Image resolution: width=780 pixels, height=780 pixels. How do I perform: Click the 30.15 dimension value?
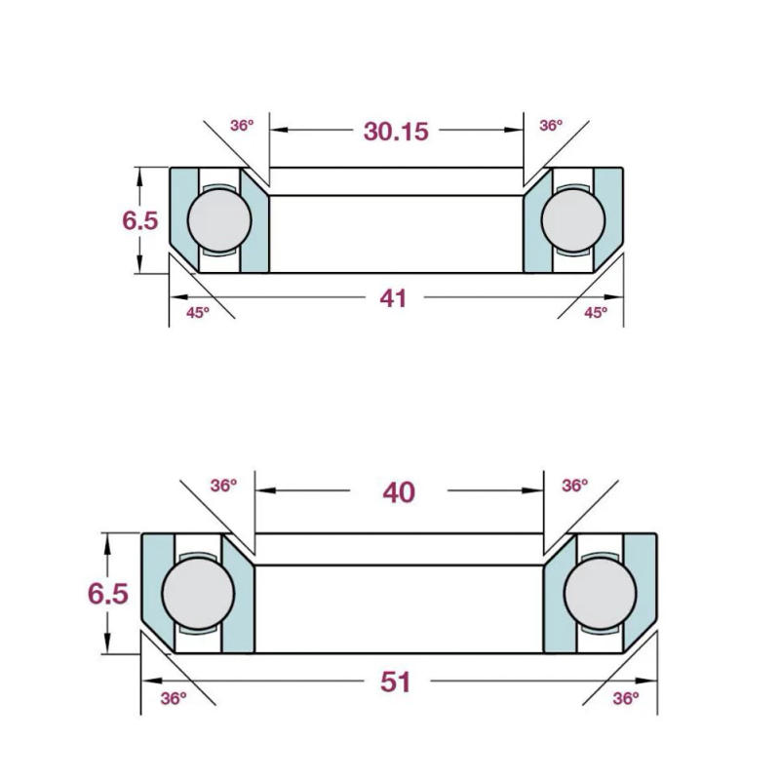(396, 132)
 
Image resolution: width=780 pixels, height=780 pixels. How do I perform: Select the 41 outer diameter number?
(393, 298)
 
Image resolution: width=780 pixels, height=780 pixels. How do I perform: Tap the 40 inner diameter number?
(398, 492)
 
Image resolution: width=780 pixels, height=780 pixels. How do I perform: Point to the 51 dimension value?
(395, 682)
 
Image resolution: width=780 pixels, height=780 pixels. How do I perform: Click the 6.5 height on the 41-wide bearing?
(139, 220)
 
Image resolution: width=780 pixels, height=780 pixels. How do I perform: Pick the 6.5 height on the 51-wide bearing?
(107, 593)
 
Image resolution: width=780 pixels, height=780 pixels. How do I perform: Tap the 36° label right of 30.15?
(551, 126)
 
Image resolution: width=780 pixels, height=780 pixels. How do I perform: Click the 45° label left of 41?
(198, 312)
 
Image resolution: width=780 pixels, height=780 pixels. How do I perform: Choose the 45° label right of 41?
(595, 312)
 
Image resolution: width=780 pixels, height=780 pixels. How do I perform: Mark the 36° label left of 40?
(224, 485)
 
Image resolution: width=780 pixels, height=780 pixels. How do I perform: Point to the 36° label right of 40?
(575, 485)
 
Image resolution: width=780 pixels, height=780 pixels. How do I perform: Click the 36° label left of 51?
(173, 697)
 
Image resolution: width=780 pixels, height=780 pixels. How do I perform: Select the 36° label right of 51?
(625, 697)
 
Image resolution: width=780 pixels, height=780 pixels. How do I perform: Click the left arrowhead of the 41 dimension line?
(176, 298)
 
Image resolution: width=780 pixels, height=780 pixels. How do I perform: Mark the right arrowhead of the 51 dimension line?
(646, 682)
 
